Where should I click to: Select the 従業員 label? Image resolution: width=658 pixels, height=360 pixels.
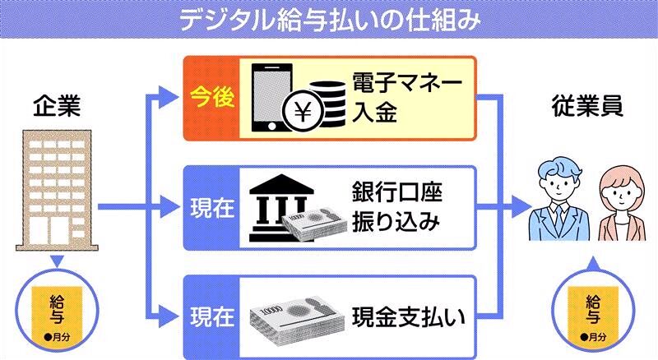[x=586, y=107]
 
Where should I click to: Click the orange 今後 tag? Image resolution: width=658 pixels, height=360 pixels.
[x=208, y=97]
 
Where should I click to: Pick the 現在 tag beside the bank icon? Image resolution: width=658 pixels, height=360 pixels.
[x=208, y=208]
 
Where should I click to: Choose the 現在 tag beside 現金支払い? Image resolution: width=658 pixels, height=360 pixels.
[x=208, y=315]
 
